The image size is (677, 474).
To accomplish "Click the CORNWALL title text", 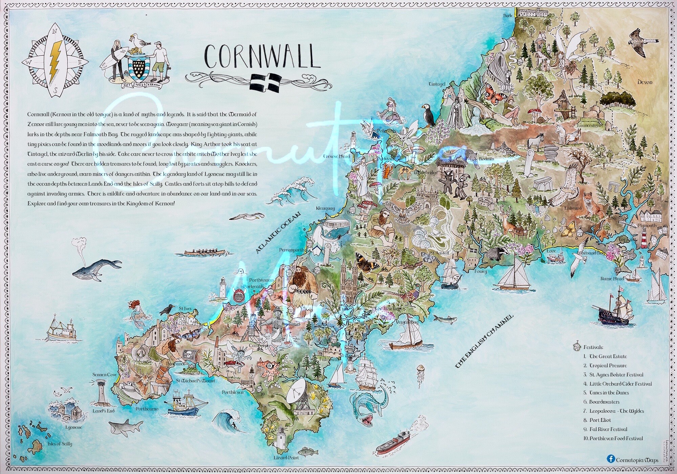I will click(x=262, y=57).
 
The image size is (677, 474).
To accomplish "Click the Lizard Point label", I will click(x=286, y=458).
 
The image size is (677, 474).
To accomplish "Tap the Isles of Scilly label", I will click(x=60, y=444).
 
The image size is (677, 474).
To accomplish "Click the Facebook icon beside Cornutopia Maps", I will click(x=611, y=459).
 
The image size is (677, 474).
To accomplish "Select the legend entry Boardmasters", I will click(x=604, y=402).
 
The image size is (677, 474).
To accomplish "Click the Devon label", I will click(x=645, y=82).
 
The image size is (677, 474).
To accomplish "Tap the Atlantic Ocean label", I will click(x=278, y=233).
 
